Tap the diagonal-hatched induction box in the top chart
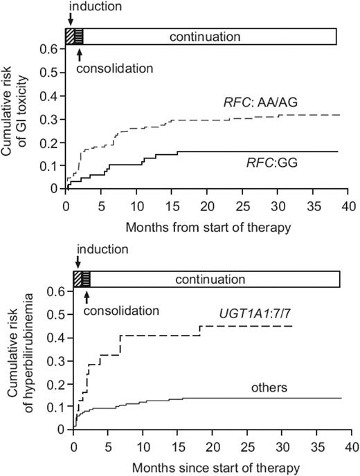[69, 36]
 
